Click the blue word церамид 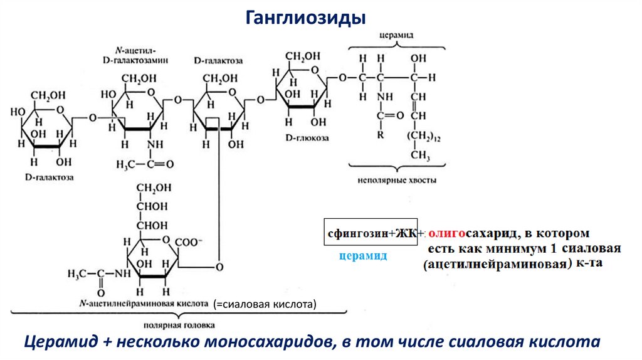362,257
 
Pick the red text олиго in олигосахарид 446,233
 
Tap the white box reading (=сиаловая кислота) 265,304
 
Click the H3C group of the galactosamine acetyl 128,164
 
